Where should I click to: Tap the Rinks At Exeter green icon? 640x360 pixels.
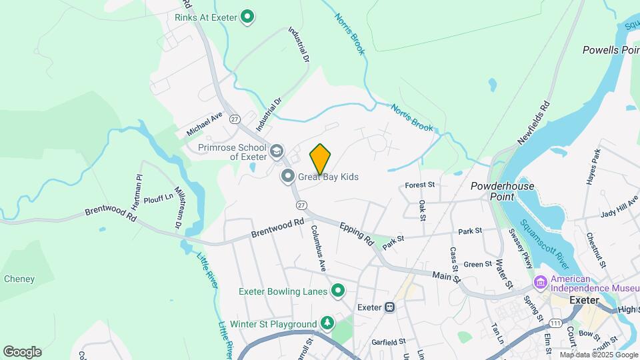[248, 17]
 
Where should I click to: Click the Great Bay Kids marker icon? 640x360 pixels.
[288, 177]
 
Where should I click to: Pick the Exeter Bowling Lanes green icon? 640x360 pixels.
[338, 291]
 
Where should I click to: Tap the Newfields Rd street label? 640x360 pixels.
[535, 123]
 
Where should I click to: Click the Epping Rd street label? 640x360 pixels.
[356, 234]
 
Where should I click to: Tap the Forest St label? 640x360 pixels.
[420, 185]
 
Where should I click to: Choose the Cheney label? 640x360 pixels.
[19, 279]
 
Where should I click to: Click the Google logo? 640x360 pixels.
[22, 351]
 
